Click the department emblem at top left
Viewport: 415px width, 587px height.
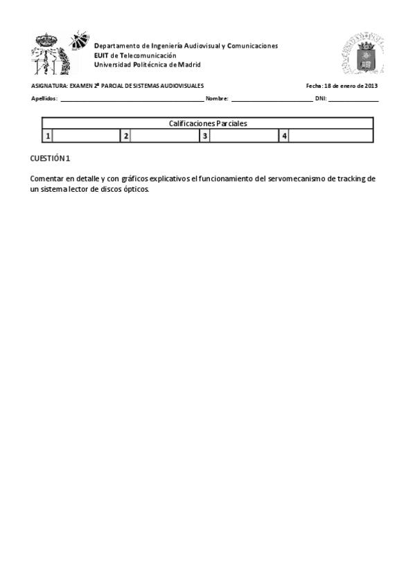[60, 53]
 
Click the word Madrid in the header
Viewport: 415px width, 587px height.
[187, 64]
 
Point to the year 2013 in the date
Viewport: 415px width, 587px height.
[371, 86]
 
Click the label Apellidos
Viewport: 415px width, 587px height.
[44, 98]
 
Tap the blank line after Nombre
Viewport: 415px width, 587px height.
[272, 99]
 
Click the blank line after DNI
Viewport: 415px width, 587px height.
[353, 99]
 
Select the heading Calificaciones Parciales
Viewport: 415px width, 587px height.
[208, 123]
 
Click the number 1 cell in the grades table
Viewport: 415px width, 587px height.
[47, 136]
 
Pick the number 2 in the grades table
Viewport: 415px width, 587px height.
[125, 136]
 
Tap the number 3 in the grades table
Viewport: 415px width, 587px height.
[204, 136]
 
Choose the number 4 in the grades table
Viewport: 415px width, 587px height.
[284, 136]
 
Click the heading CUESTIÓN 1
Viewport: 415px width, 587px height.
[50, 159]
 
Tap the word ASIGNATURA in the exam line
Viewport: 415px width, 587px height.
[49, 86]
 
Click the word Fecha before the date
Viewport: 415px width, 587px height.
[314, 86]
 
